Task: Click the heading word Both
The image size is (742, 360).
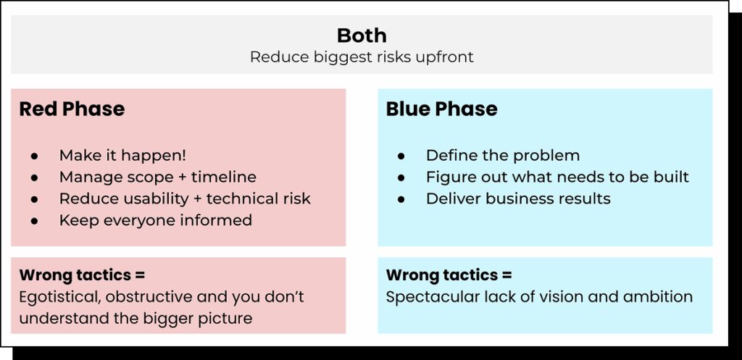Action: (362, 35)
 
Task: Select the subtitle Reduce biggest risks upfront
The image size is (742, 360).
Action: (362, 57)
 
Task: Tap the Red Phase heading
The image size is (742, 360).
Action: (72, 109)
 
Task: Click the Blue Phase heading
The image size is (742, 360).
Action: (441, 109)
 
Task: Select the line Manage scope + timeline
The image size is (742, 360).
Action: (157, 177)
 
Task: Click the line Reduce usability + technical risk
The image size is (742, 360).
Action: (184, 199)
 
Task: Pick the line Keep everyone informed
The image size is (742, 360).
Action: (155, 220)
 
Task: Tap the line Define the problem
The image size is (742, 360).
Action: (502, 156)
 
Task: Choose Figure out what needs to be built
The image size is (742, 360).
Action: (556, 177)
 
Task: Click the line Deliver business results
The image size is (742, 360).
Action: (517, 199)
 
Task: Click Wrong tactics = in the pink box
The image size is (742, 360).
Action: (82, 275)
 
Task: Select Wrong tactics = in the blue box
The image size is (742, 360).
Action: (449, 275)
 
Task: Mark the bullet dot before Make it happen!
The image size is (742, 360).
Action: (35, 156)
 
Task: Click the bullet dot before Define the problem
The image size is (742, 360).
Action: (401, 156)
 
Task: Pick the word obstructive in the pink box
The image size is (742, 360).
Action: (151, 297)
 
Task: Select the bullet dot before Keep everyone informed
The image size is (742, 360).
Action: (35, 221)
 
